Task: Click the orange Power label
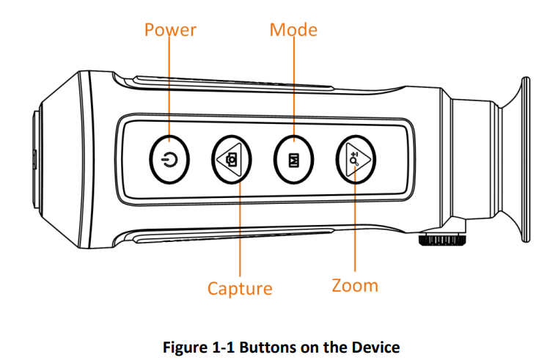[x=170, y=30]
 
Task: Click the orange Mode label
[x=293, y=30]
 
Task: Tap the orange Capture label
[x=240, y=288]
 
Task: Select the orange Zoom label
[x=355, y=285]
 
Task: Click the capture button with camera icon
[x=232, y=159]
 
